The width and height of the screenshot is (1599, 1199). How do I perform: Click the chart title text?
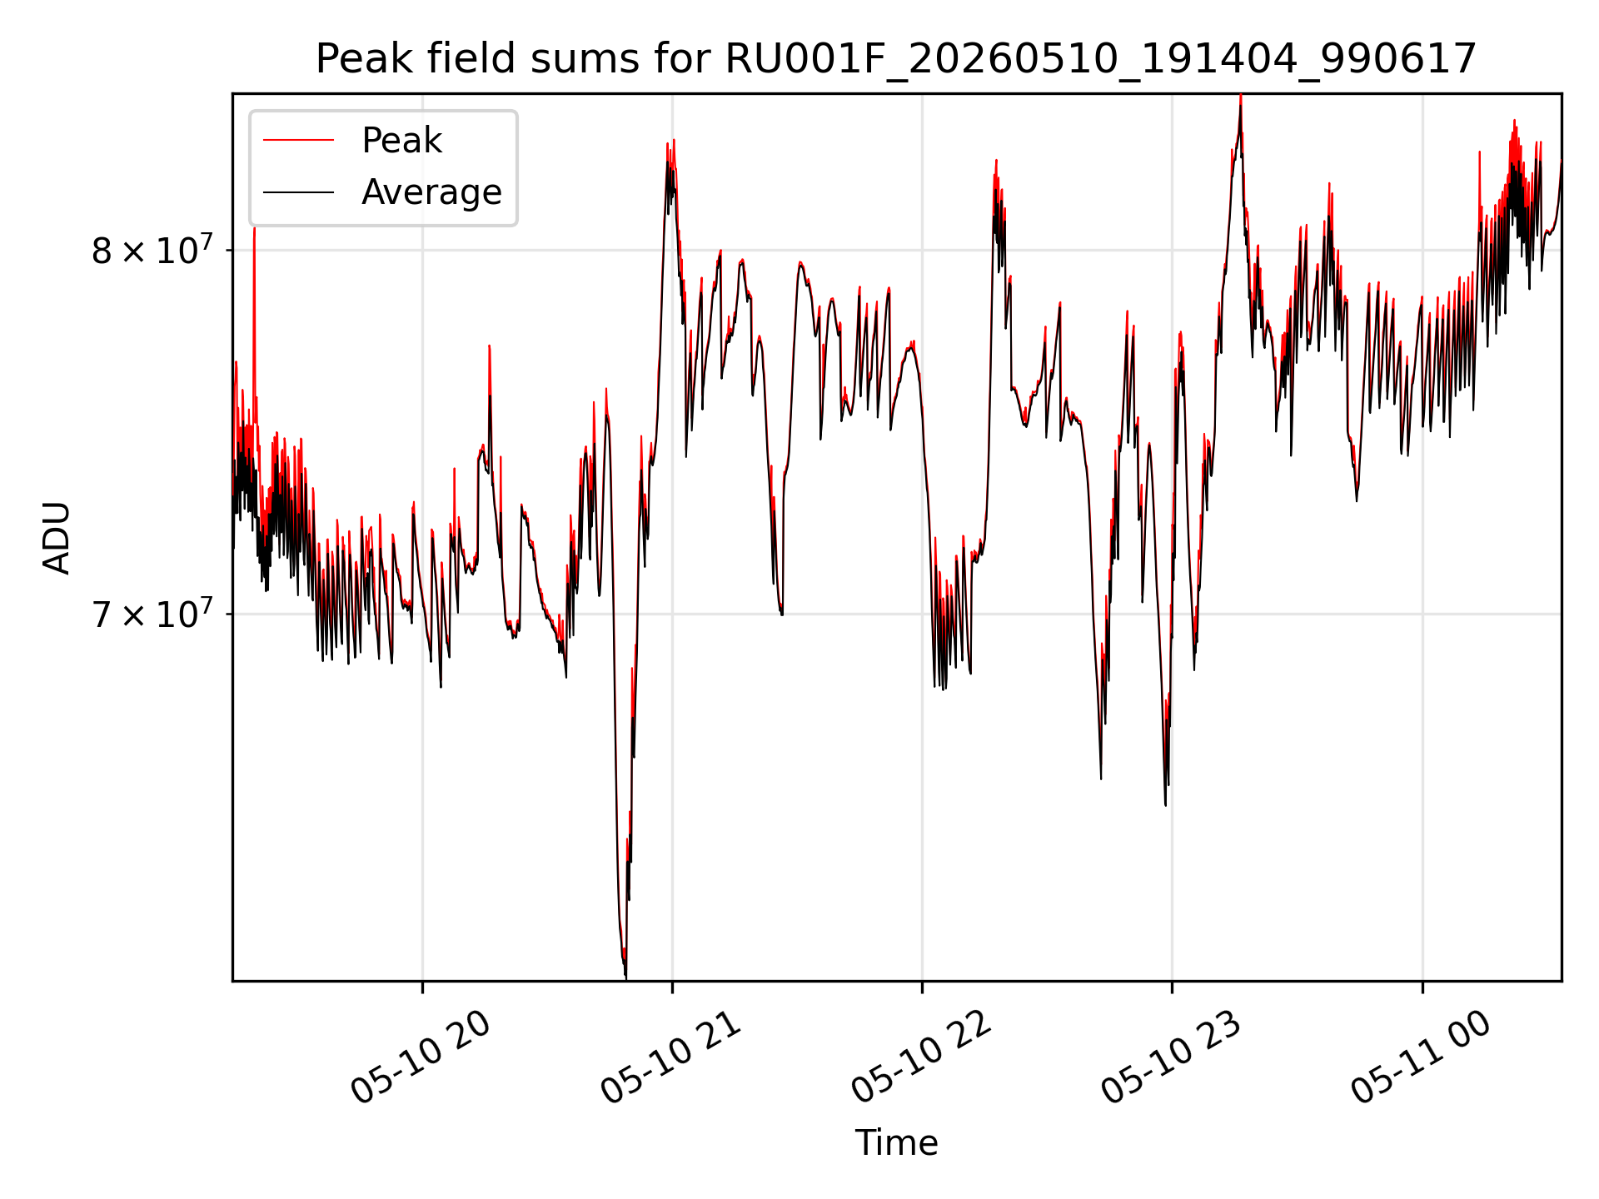[x=896, y=59]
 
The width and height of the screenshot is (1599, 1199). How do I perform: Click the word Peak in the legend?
[x=401, y=141]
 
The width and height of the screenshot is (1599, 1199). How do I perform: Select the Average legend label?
[x=431, y=192]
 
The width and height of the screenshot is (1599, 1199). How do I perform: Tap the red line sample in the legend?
[x=298, y=141]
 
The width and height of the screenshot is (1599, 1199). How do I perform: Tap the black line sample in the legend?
[x=298, y=192]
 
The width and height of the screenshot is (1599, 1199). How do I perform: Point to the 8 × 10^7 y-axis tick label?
[x=152, y=248]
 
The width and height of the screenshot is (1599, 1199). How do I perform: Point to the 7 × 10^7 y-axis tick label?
[x=152, y=613]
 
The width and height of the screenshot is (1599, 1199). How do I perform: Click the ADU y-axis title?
[x=57, y=538]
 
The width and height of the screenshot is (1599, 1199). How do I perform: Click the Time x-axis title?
[x=896, y=1143]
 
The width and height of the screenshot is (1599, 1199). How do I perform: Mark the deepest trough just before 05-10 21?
[x=625, y=976]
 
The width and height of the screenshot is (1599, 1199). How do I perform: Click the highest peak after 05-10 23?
[x=1240, y=97]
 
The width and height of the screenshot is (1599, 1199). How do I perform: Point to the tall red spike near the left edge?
[x=254, y=229]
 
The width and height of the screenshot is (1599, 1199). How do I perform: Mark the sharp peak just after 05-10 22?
[x=996, y=162]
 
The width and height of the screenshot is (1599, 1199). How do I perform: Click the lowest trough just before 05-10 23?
[x=1165, y=803]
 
